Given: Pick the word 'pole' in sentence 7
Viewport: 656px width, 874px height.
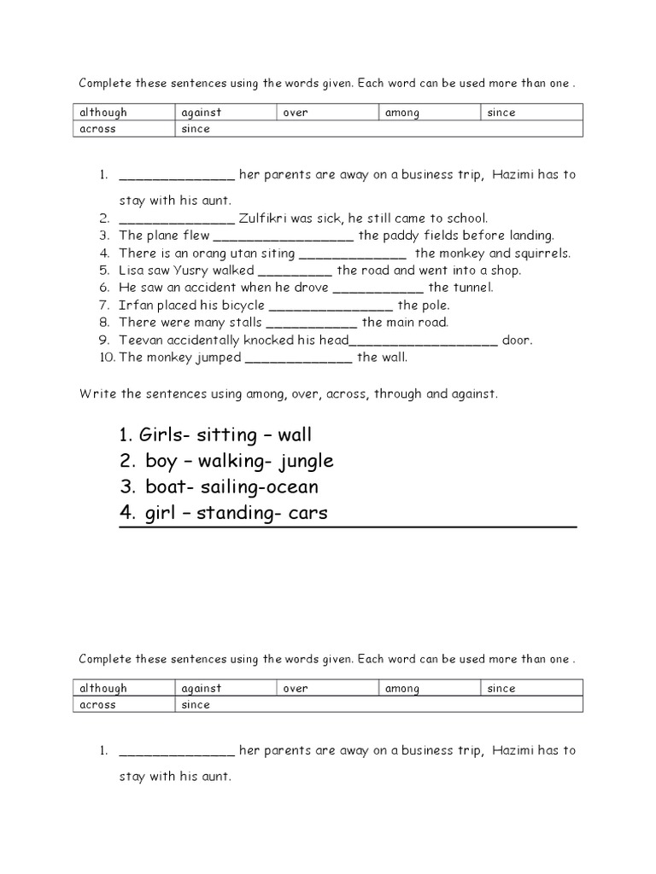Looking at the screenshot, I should pos(435,305).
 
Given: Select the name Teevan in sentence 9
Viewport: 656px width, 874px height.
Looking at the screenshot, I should pos(139,340).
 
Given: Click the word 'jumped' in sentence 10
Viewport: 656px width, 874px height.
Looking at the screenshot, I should pos(217,358).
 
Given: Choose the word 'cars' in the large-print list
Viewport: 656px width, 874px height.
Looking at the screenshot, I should pos(305,513).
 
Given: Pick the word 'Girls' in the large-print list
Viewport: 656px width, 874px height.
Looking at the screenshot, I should pos(162,435).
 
